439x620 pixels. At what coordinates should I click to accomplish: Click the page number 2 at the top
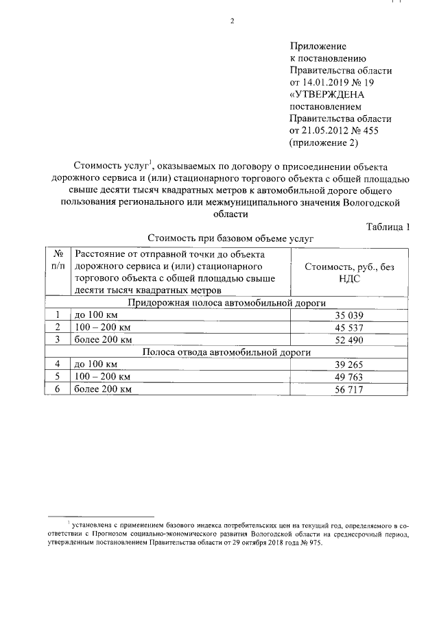232,20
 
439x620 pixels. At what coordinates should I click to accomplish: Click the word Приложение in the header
318,46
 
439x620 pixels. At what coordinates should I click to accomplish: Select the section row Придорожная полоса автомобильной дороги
227,303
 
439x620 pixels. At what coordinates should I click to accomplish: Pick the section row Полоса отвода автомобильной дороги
227,352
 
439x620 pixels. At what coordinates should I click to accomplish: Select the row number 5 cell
58,377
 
